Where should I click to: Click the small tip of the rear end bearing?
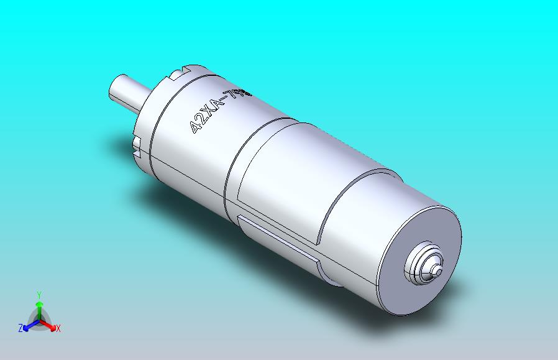click(438, 269)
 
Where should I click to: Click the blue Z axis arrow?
click(28, 325)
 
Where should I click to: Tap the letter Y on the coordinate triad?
click(39, 295)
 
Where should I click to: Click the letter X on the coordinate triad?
click(58, 328)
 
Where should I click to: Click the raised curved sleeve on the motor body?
click(280, 180)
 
